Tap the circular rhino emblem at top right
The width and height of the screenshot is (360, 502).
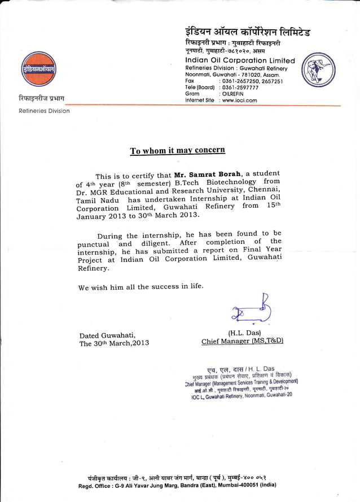321,71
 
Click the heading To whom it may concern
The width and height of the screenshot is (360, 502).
177,150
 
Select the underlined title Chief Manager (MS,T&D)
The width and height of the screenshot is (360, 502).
242,341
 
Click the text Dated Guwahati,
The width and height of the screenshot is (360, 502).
107,335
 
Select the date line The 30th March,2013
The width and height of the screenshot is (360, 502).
115,343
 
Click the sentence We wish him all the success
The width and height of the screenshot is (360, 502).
141,287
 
